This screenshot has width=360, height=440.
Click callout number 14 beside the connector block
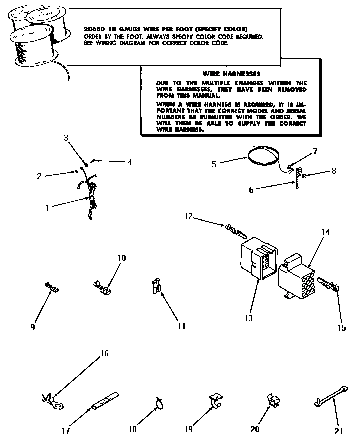(x=326, y=232)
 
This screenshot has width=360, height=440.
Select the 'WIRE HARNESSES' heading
(x=225, y=73)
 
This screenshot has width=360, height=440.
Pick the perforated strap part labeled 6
(x=299, y=177)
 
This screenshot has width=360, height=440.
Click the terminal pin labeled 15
(x=329, y=287)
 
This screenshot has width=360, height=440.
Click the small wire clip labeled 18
(x=160, y=403)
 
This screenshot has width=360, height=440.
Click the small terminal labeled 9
(x=52, y=288)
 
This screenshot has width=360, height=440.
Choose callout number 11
(x=181, y=326)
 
